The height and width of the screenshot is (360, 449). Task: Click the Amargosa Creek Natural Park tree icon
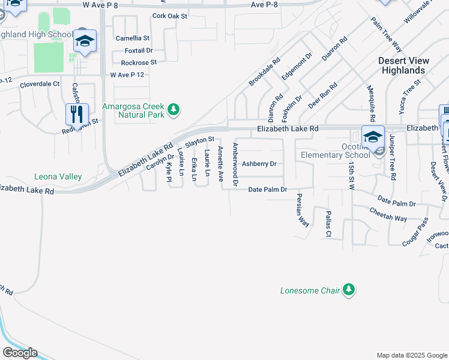click(x=173, y=109)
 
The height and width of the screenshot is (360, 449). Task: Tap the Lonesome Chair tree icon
click(x=349, y=290)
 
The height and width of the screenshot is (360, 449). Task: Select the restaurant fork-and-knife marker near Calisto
click(x=77, y=113)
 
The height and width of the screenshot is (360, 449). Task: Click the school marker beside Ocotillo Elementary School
click(x=373, y=136)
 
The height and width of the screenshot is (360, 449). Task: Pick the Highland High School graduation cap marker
click(x=85, y=41)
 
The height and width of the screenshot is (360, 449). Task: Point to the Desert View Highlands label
click(x=403, y=65)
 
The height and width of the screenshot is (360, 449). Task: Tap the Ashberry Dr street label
click(x=259, y=164)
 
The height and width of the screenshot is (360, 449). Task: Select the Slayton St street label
click(x=199, y=142)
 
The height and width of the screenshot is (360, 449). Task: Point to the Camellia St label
click(x=133, y=38)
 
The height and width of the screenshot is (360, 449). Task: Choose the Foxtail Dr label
click(x=139, y=50)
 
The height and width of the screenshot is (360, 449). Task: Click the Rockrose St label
click(x=139, y=62)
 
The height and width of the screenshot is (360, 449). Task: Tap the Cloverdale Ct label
click(x=40, y=85)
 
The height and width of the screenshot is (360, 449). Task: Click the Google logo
click(x=20, y=352)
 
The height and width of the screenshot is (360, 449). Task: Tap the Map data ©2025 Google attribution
click(x=411, y=355)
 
